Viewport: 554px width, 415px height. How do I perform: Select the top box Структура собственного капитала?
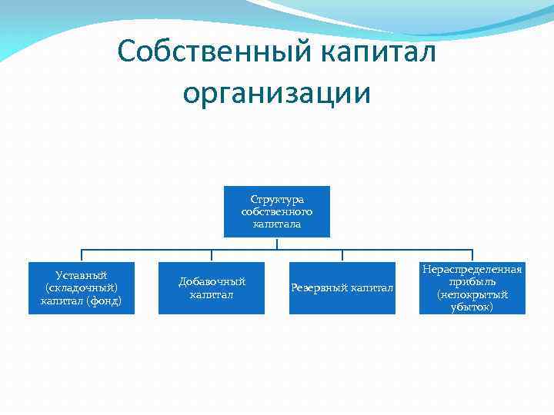click(277, 211)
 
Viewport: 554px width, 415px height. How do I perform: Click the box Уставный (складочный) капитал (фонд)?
click(82, 288)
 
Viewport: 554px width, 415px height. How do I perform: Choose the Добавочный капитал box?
click(212, 288)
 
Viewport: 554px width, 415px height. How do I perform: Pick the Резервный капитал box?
click(342, 288)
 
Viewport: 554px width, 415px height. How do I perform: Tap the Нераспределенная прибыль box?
click(472, 288)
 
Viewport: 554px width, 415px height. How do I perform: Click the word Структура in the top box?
click(277, 200)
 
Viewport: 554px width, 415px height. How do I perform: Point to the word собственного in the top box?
click(277, 211)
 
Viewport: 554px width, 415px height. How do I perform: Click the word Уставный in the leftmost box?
click(82, 275)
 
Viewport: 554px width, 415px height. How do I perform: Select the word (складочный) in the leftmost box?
click(82, 287)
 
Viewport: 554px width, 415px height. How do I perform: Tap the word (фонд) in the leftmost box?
click(105, 300)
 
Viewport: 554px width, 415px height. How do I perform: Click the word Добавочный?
click(212, 282)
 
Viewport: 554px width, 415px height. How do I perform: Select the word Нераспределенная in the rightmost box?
click(472, 270)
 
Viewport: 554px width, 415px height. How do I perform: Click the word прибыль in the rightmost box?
click(472, 282)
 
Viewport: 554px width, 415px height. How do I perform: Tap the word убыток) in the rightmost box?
click(472, 307)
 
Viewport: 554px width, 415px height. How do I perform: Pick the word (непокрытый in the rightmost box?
click(472, 294)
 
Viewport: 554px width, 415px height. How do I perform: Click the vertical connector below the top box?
click(277, 244)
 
